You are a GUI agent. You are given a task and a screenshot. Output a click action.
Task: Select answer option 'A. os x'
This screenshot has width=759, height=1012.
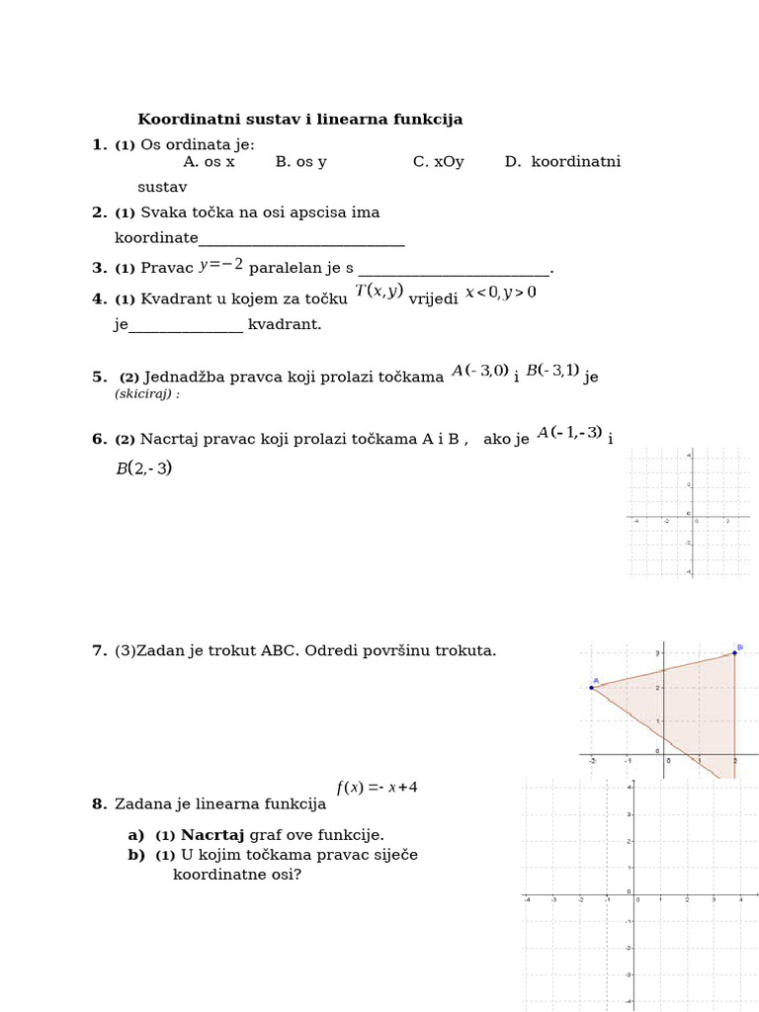(x=209, y=162)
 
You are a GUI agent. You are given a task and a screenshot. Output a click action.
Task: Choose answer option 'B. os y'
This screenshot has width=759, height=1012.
(x=300, y=162)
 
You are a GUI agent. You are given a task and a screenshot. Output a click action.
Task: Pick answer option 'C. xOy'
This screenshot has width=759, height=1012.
(x=438, y=162)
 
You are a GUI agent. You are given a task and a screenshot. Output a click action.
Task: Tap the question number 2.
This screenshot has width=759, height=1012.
(x=99, y=212)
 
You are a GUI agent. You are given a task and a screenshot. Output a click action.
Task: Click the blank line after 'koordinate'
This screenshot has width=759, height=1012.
(x=301, y=239)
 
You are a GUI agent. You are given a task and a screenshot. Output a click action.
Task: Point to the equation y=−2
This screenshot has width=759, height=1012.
(x=220, y=265)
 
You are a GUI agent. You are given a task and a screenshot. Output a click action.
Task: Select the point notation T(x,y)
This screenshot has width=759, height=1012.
(x=379, y=291)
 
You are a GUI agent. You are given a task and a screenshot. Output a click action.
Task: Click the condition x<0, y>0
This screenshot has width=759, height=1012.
(x=500, y=292)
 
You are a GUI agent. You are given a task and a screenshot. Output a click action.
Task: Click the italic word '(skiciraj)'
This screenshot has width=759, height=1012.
(x=146, y=393)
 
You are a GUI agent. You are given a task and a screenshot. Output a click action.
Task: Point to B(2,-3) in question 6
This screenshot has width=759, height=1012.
(x=143, y=468)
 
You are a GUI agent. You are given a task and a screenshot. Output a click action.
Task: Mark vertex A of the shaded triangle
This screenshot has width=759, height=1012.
(x=592, y=687)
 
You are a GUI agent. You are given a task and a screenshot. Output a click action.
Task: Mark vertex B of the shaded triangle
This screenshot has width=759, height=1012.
(x=734, y=652)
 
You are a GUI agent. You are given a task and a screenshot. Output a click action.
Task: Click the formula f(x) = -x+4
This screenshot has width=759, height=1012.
(x=377, y=788)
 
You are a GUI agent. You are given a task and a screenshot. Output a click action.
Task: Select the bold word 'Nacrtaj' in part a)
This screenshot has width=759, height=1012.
(x=212, y=835)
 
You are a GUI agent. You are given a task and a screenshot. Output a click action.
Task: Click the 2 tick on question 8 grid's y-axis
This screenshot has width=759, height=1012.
(x=631, y=841)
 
